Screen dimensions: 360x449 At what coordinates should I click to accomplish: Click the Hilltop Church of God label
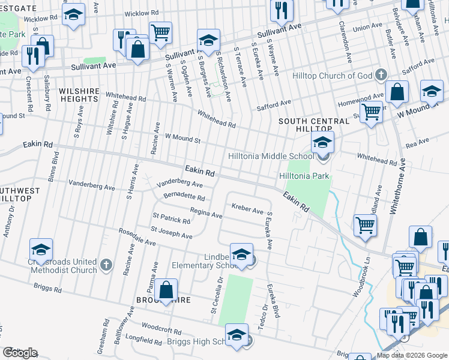(x=332, y=76)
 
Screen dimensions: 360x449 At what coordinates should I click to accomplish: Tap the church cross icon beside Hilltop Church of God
(x=380, y=76)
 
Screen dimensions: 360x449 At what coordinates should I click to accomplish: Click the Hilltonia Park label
(x=304, y=176)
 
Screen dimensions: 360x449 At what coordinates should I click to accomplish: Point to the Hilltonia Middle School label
(x=271, y=156)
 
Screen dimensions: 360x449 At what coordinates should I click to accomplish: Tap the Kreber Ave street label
(x=248, y=211)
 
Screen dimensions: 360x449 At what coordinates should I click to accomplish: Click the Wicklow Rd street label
(x=141, y=13)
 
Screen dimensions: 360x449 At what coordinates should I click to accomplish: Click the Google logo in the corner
(x=20, y=353)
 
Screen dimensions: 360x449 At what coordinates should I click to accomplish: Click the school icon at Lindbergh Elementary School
(x=241, y=257)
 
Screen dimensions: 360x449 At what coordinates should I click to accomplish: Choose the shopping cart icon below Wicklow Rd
(x=160, y=34)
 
